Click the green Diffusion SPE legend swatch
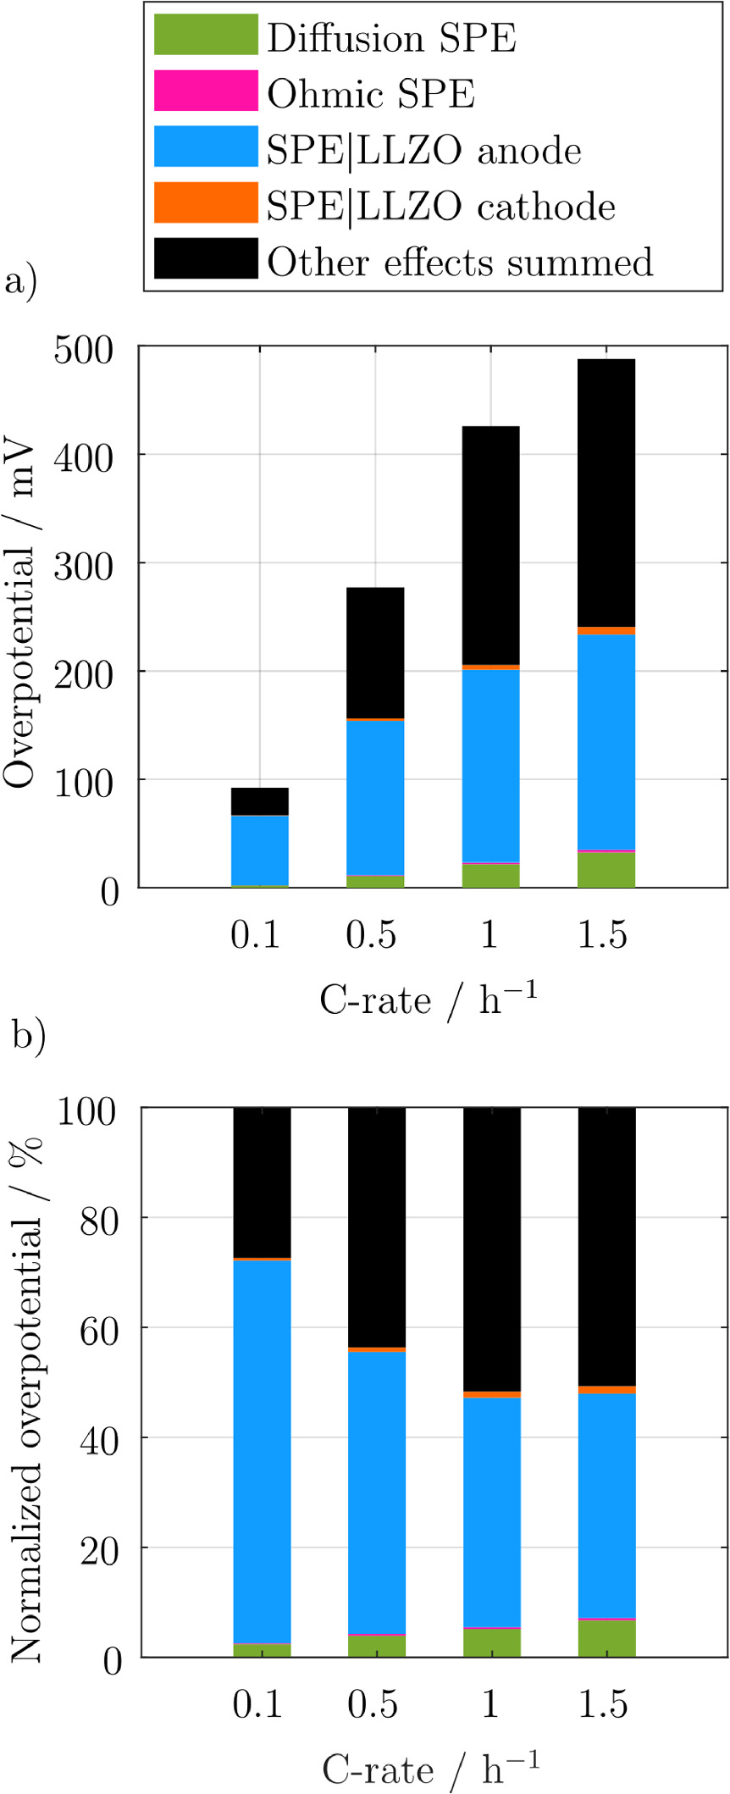coord(206,35)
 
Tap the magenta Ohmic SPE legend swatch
coord(206,91)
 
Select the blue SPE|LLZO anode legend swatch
coord(206,147)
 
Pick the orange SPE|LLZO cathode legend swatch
coord(206,202)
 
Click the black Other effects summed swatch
coord(206,258)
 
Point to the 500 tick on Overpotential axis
coord(83,349)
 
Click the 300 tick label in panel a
coord(83,565)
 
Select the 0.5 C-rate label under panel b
coord(373,1703)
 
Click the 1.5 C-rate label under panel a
coord(603,934)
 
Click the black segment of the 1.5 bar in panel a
coord(606,493)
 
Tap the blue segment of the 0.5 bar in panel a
coord(375,797)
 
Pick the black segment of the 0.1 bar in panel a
coord(260,801)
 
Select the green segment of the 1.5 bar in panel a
coord(606,870)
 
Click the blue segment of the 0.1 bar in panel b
coord(262,1451)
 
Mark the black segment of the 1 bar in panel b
coord(491,1249)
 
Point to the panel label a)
coord(20,280)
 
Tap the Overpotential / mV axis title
coord(19,614)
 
